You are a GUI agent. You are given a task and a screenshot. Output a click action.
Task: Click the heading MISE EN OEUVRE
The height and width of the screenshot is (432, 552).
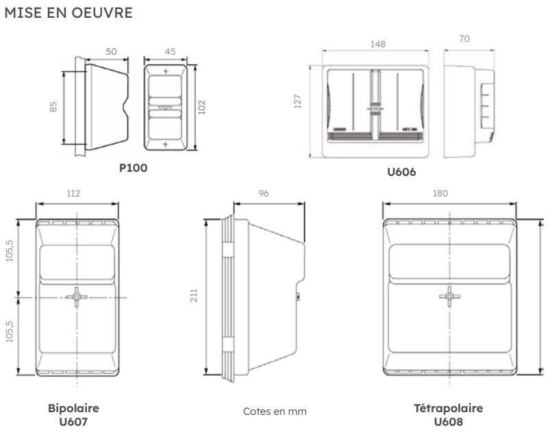click(68, 13)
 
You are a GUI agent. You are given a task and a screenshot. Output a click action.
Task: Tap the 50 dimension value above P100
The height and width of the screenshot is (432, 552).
click(111, 51)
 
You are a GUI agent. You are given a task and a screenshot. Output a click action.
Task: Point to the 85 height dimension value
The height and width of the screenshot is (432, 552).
click(53, 107)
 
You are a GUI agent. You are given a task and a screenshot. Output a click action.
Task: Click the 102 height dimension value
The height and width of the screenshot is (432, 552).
click(203, 107)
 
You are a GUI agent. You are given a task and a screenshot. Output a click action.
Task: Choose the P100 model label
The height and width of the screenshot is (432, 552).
click(133, 167)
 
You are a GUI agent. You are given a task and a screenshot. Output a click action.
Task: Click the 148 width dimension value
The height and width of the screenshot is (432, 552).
click(377, 44)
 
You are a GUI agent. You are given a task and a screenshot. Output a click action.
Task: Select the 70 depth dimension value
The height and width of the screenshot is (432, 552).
click(464, 39)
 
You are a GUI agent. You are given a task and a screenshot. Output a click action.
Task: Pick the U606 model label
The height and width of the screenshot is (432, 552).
click(401, 172)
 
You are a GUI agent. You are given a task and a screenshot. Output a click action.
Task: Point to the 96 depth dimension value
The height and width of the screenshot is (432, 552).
click(264, 194)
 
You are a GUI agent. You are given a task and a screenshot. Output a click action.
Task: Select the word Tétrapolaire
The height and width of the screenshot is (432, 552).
click(449, 408)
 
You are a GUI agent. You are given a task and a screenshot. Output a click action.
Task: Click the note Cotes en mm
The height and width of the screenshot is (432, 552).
click(275, 412)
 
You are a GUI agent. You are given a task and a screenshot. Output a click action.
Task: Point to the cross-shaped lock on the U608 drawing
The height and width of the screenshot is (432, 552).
click(449, 296)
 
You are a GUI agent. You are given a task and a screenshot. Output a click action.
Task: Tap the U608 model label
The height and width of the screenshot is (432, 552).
click(449, 422)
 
